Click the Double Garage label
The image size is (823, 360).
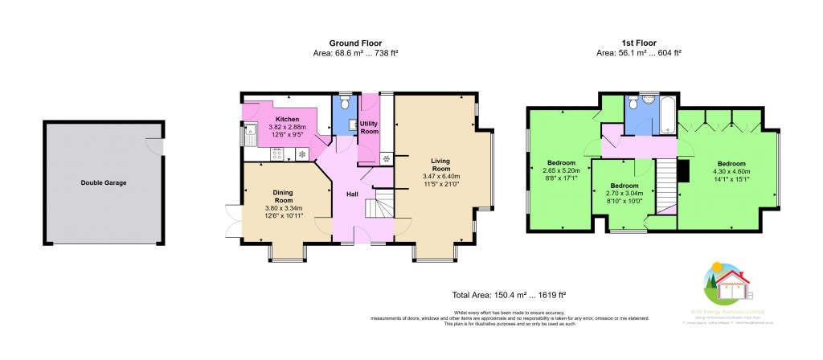103,182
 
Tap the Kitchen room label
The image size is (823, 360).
287,121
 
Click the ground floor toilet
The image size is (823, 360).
344,102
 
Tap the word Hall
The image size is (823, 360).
352,194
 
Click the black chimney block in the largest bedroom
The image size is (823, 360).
684,171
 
